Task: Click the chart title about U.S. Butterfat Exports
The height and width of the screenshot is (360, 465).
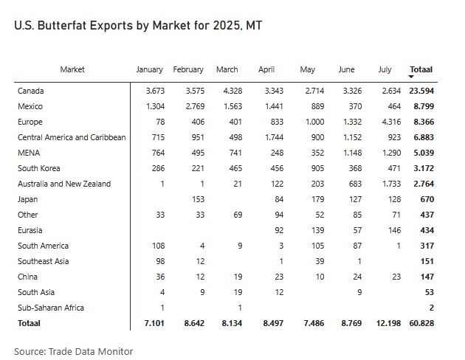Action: pyautogui.click(x=139, y=25)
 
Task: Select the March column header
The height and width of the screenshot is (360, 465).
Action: pyautogui.click(x=227, y=69)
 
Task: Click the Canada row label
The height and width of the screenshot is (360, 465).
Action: pyautogui.click(x=31, y=91)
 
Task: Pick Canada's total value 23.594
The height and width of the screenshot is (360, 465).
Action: pyautogui.click(x=421, y=91)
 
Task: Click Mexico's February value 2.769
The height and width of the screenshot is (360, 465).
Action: pyautogui.click(x=191, y=106)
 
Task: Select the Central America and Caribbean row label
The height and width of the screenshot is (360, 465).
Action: pyautogui.click(x=72, y=137)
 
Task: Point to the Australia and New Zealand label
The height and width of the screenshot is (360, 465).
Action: pyautogui.click(x=64, y=184)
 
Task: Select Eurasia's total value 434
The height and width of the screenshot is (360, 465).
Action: pyautogui.click(x=426, y=230)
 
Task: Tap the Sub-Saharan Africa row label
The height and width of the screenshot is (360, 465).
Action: pyautogui.click(x=51, y=308)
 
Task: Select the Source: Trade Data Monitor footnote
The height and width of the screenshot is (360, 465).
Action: pyautogui.click(x=73, y=350)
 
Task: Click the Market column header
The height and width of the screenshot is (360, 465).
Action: pyautogui.click(x=72, y=69)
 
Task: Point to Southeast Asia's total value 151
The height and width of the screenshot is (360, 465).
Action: pyautogui.click(x=426, y=261)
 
